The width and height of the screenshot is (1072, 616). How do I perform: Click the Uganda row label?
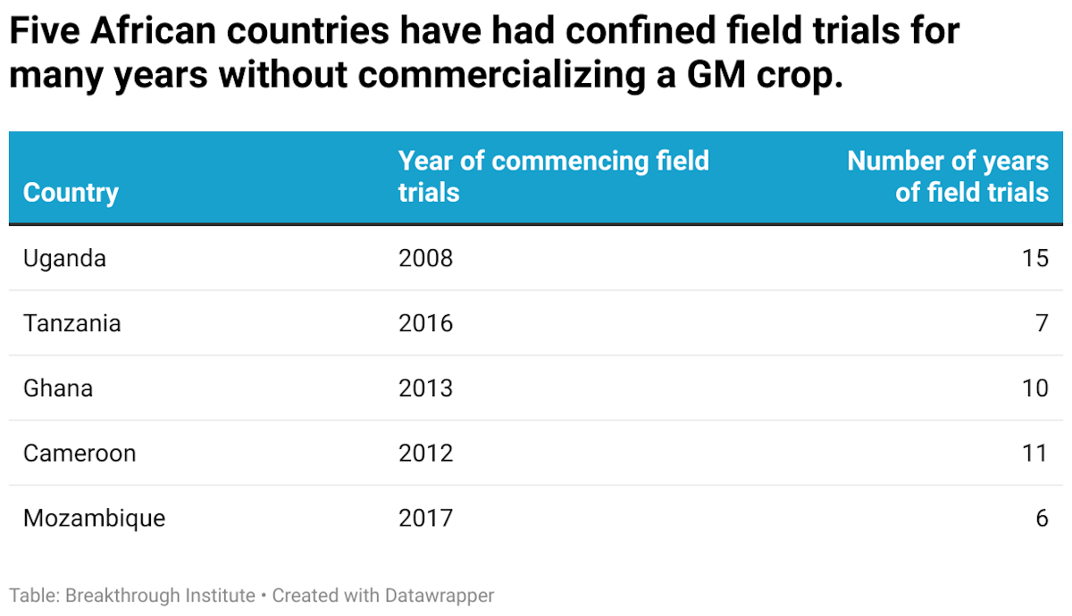[x=64, y=258]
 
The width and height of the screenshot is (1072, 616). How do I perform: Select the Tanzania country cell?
[x=71, y=323]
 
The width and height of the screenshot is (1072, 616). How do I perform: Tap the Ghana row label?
[x=58, y=388]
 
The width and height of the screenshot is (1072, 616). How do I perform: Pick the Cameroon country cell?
[x=80, y=454]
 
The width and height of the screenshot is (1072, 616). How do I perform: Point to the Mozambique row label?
[x=94, y=519]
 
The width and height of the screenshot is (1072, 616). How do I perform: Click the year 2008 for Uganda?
[x=425, y=258]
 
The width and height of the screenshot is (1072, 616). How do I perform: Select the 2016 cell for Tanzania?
[x=425, y=323]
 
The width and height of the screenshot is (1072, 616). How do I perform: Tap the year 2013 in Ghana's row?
[x=425, y=388]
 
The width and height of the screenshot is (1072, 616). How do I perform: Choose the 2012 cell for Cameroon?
[x=425, y=454]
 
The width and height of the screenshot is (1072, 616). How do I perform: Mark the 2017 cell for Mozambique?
[x=425, y=519]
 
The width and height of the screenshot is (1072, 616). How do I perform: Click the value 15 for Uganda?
[x=1035, y=258]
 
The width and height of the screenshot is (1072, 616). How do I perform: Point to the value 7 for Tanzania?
[x=1042, y=323]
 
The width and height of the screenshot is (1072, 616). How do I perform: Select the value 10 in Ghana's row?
[x=1035, y=388]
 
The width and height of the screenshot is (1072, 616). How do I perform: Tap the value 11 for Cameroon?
[x=1035, y=454]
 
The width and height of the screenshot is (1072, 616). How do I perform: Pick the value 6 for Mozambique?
[x=1042, y=519]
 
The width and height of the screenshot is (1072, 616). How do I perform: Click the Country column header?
[x=71, y=192]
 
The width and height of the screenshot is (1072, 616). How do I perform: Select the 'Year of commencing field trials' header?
[x=553, y=176]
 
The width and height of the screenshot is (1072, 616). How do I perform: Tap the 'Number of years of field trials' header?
[x=948, y=176]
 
